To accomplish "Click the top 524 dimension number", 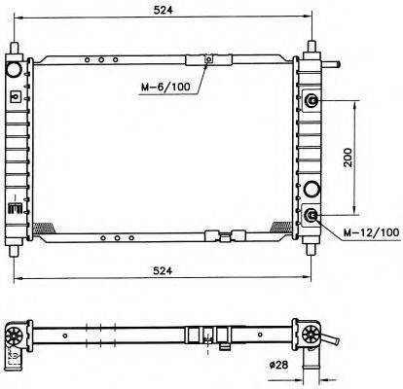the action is tap(164, 11).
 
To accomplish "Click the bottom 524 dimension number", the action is tap(163, 271).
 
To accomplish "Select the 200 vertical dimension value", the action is tap(348, 158).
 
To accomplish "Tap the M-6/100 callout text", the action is tap(165, 87).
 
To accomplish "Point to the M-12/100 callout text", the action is tap(372, 232).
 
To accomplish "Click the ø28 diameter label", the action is tap(278, 365).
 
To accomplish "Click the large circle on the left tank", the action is tap(15, 69).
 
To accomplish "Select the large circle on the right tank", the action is tap(311, 189).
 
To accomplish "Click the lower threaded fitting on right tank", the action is tap(311, 216).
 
